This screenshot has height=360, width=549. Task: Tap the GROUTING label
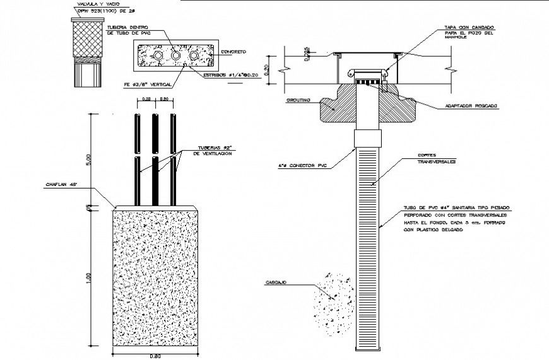[x=298, y=100]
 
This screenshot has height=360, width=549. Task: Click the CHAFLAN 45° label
[x=60, y=185]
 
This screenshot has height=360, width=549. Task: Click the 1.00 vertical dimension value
[x=89, y=277]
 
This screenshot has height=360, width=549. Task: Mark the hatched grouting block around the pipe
[x=338, y=107]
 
